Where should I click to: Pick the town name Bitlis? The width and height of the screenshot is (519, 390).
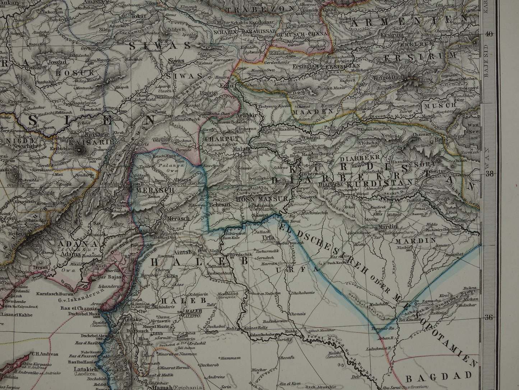(x=441, y=139)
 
